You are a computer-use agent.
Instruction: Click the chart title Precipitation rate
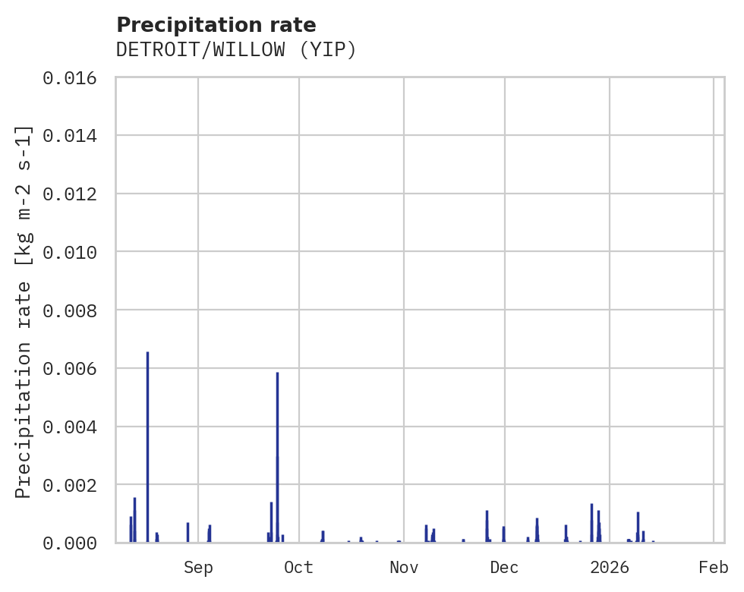tap(216, 25)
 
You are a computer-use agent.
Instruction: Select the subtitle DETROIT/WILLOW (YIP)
tap(236, 50)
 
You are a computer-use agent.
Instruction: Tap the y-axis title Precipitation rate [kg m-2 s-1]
tap(24, 311)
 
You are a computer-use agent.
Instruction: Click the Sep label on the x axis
tap(198, 567)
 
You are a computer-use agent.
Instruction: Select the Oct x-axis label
tap(299, 567)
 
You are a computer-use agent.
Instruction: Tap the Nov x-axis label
tap(403, 567)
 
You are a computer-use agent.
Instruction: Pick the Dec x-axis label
tap(504, 567)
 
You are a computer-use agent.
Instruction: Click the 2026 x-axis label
tap(610, 567)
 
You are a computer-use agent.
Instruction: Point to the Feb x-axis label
tap(714, 567)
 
